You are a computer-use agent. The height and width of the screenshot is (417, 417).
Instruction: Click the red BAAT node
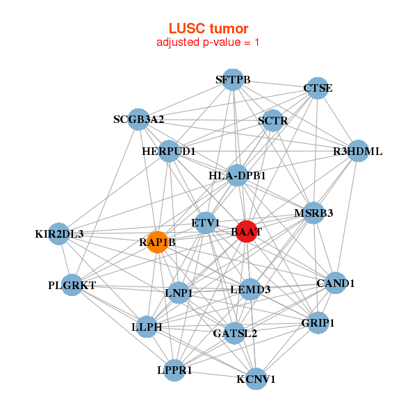tap(247, 231)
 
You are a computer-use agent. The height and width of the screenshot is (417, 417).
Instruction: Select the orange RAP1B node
tap(158, 243)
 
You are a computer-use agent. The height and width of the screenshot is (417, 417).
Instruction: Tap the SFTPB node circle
tap(233, 80)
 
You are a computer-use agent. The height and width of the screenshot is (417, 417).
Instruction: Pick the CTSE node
tap(318, 88)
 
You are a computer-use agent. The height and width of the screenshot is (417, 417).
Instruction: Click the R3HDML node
tap(357, 151)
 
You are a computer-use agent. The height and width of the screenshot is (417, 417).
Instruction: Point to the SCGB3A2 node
tap(138, 120)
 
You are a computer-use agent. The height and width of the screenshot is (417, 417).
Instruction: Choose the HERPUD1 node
tap(169, 151)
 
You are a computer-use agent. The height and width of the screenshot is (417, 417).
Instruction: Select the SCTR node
tap(272, 121)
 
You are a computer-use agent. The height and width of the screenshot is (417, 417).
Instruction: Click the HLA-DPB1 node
tap(238, 176)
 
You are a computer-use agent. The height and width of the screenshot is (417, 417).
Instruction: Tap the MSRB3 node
tap(313, 213)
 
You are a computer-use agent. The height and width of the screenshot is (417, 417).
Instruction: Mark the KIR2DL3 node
tap(60, 234)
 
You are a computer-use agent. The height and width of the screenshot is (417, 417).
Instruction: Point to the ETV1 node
tap(206, 223)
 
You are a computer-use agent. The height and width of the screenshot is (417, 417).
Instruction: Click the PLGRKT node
tap(72, 285)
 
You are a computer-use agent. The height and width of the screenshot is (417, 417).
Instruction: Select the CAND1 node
tap(336, 283)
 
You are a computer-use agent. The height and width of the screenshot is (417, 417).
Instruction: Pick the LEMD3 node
tap(250, 289)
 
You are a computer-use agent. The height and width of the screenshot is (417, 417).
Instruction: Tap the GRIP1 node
tap(318, 323)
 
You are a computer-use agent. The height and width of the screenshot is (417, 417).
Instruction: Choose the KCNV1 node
tap(256, 379)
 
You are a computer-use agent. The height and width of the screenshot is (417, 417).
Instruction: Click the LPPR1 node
tap(174, 370)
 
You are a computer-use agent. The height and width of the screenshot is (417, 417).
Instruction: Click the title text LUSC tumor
tap(208, 28)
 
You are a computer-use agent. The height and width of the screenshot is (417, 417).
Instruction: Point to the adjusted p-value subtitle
tap(208, 42)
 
